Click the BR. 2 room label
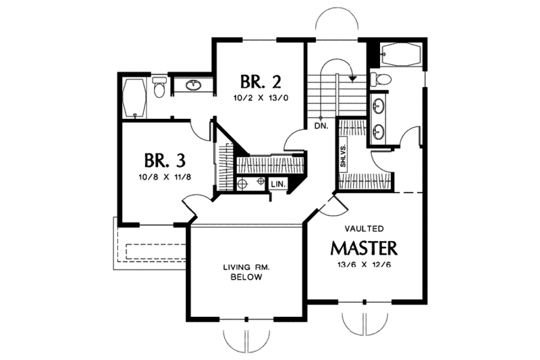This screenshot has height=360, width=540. tap(261, 82)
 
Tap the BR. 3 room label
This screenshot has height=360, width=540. tap(165, 161)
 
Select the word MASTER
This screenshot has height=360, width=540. tap(363, 246)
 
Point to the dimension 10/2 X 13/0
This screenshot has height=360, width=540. tap(261, 99)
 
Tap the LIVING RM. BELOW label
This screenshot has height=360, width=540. tap(247, 273)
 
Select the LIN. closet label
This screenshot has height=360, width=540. tap(278, 184)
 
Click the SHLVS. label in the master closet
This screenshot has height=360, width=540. tap(344, 157)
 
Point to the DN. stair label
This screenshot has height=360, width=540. tap(320, 126)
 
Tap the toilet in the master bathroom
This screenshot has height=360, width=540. tap(382, 80)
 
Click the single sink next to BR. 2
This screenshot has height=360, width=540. tap(193, 85)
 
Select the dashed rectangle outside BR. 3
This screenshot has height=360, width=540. tap(156, 251)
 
